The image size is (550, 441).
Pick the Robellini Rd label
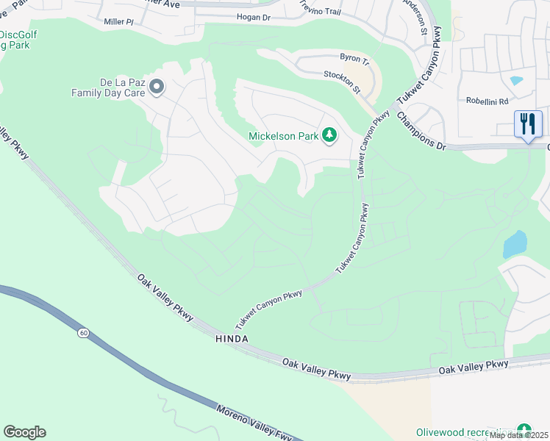tap(487, 101)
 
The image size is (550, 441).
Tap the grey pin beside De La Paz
tap(157, 88)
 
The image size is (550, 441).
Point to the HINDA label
tap(232, 338)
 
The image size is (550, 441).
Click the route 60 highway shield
tap(84, 333)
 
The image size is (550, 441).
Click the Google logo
tap(24, 432)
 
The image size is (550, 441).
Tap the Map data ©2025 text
tap(519, 435)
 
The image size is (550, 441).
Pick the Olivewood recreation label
tap(464, 431)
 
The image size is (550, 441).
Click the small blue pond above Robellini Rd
tap(516, 80)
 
